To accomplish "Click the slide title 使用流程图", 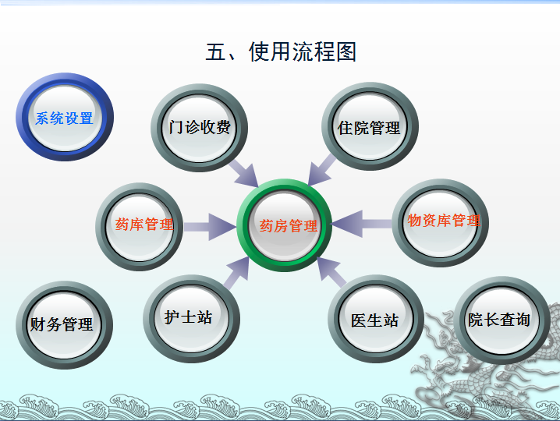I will click(x=281, y=52).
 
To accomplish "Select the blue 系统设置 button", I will click(x=64, y=119).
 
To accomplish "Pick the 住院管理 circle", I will click(x=370, y=128).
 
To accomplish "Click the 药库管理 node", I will click(x=144, y=225).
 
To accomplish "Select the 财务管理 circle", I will click(x=63, y=324).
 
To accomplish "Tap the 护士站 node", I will click(x=189, y=317).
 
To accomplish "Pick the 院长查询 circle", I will click(x=500, y=320).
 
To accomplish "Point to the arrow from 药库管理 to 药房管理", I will click(x=209, y=227).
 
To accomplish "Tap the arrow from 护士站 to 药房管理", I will click(x=236, y=272).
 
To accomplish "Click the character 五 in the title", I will click(x=215, y=52).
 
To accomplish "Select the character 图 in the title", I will click(x=346, y=52).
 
